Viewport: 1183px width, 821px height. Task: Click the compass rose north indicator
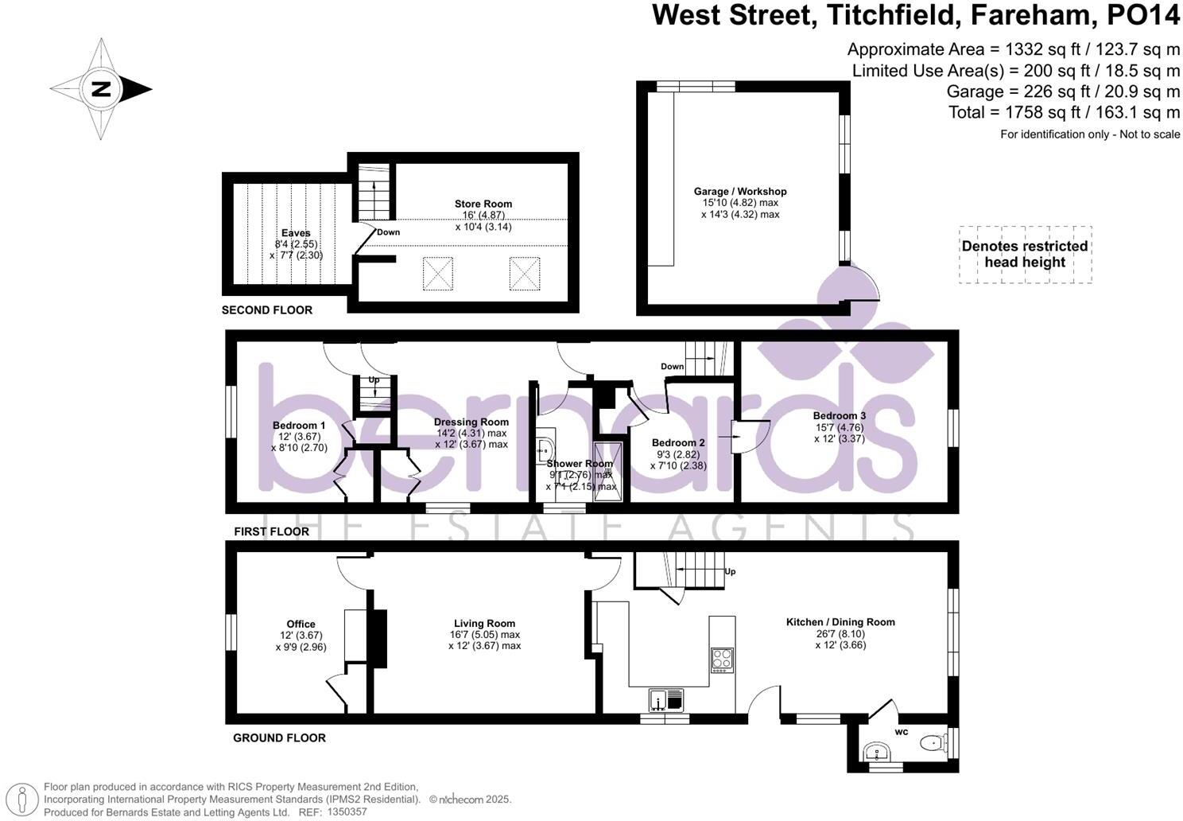click(101, 89)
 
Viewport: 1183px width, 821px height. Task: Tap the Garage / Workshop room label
click(739, 192)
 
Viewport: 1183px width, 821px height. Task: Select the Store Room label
click(483, 204)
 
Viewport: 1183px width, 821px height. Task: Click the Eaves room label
click(296, 233)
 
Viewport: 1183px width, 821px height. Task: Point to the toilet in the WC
click(931, 743)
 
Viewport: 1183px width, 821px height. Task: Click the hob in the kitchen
click(722, 660)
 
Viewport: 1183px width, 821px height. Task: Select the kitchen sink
click(665, 700)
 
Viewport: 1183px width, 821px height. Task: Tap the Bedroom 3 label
click(839, 416)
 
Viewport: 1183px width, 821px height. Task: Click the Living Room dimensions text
click(484, 640)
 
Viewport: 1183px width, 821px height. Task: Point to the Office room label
click(301, 625)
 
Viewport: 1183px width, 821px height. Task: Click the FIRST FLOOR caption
click(271, 531)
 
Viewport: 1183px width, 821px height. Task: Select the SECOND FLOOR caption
click(267, 310)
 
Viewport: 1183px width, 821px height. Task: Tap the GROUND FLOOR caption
click(279, 738)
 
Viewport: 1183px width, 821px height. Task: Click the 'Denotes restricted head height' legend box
click(1025, 255)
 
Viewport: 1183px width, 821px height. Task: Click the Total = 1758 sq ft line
click(1064, 112)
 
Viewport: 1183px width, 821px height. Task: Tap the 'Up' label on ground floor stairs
click(730, 572)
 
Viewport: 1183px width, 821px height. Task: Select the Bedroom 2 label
click(678, 443)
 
